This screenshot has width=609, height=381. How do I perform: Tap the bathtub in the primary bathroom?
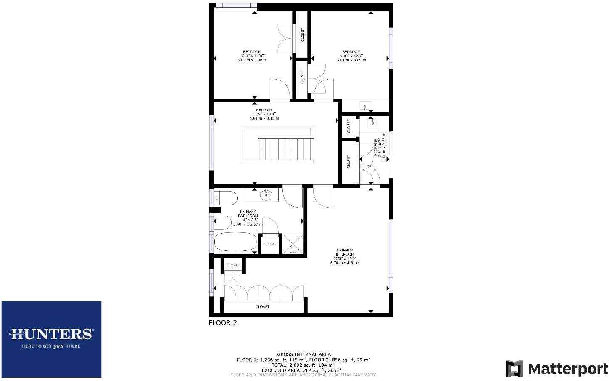pyautogui.click(x=235, y=242)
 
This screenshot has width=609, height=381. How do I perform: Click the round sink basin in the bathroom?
pyautogui.click(x=266, y=195)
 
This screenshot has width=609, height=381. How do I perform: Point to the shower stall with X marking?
pyautogui.click(x=293, y=244)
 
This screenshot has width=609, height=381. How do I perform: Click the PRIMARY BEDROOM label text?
pyautogui.click(x=345, y=252)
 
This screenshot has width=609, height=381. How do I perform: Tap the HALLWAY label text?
pyautogui.click(x=264, y=110)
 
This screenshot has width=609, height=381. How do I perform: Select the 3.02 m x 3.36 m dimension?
pyautogui.click(x=252, y=60)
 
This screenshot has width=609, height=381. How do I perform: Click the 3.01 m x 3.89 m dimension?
pyautogui.click(x=351, y=60)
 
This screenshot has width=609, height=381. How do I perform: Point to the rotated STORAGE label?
pyautogui.click(x=376, y=147)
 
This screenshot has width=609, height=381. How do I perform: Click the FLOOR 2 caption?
pyautogui.click(x=223, y=323)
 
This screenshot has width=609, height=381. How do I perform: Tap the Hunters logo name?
pyautogui.click(x=51, y=334)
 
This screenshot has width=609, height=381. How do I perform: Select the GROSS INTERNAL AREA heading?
pyautogui.click(x=303, y=354)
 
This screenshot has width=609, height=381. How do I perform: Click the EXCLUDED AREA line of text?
pyautogui.click(x=301, y=370)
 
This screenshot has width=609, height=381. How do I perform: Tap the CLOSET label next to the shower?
pyautogui.click(x=270, y=244)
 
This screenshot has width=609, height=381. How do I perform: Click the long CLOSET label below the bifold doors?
pyautogui.click(x=262, y=307)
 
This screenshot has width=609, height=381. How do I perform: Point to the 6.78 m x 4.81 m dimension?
pyautogui.click(x=345, y=263)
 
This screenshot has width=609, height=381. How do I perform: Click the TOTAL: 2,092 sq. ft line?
pyautogui.click(x=303, y=365)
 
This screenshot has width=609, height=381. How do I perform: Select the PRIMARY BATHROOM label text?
pyautogui.click(x=248, y=213)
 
